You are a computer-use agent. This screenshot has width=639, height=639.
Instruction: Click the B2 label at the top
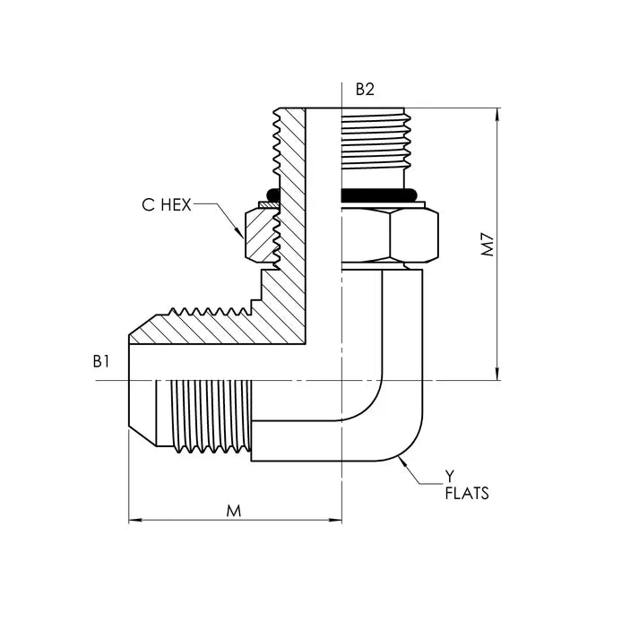click(x=364, y=89)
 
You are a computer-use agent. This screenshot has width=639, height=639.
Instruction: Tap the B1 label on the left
click(x=100, y=361)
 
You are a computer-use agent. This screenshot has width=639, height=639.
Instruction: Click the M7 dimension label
click(x=488, y=244)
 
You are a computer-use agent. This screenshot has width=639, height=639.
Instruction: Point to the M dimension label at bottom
click(x=234, y=511)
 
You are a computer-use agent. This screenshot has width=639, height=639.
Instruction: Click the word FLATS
click(x=467, y=493)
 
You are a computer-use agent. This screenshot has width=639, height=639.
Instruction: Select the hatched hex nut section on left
click(x=262, y=235)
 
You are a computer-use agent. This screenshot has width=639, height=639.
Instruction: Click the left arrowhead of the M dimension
click(x=134, y=521)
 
